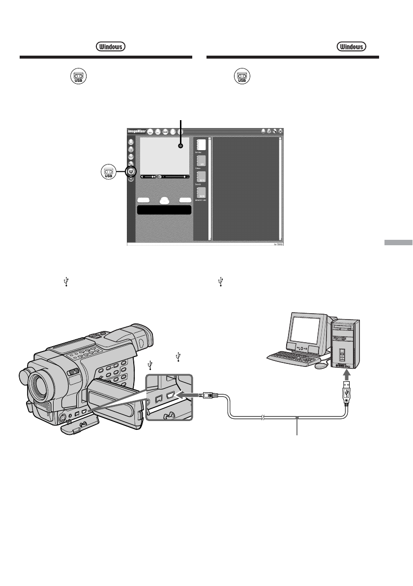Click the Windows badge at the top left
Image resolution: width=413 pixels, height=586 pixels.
[110, 46]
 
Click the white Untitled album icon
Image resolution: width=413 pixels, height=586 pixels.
[201, 144]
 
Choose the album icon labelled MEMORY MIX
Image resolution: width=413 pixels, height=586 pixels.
[201, 193]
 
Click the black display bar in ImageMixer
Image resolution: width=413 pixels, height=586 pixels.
[164, 210]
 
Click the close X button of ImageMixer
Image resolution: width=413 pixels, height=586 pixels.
[281, 131]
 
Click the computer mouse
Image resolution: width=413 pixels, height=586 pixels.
[321, 366]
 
